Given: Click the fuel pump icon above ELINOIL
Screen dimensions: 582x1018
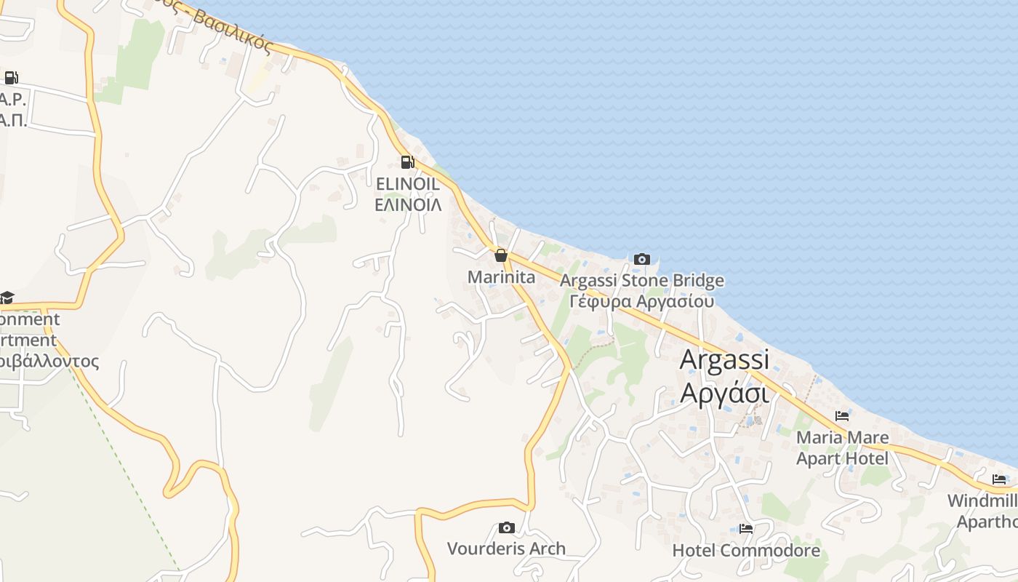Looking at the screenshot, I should click(x=407, y=162).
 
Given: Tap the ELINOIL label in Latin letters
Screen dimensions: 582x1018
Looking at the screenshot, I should click(x=407, y=184).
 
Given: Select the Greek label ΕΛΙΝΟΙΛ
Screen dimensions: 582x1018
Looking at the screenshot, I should click(x=408, y=204).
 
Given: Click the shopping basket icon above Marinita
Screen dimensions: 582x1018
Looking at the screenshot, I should click(x=500, y=255).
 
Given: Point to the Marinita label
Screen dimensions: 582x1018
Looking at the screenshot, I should click(x=501, y=277).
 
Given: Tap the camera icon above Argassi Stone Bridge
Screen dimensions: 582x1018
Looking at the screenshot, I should click(x=641, y=259).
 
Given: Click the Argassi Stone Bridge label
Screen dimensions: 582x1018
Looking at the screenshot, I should click(x=642, y=281).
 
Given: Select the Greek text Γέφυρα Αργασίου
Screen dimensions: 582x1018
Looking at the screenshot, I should click(x=641, y=301).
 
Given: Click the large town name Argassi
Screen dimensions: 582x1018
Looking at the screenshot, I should click(x=724, y=360).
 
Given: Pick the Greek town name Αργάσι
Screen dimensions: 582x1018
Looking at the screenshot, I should click(x=724, y=393).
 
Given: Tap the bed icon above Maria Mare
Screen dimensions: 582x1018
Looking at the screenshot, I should click(x=842, y=416).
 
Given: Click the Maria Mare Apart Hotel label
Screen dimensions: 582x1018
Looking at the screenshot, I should click(x=842, y=448).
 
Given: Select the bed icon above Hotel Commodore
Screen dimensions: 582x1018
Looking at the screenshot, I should click(x=746, y=528).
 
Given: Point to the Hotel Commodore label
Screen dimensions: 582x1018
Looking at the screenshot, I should click(x=746, y=550).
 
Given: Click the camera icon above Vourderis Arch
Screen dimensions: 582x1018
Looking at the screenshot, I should click(x=506, y=527).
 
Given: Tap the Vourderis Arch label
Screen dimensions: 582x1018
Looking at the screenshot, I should click(x=506, y=549).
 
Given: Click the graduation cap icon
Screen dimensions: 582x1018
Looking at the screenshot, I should click(x=7, y=298).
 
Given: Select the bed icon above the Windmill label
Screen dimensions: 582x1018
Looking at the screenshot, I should click(x=1000, y=479).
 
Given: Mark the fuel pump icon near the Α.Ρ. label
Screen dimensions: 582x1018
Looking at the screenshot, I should click(x=11, y=78).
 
